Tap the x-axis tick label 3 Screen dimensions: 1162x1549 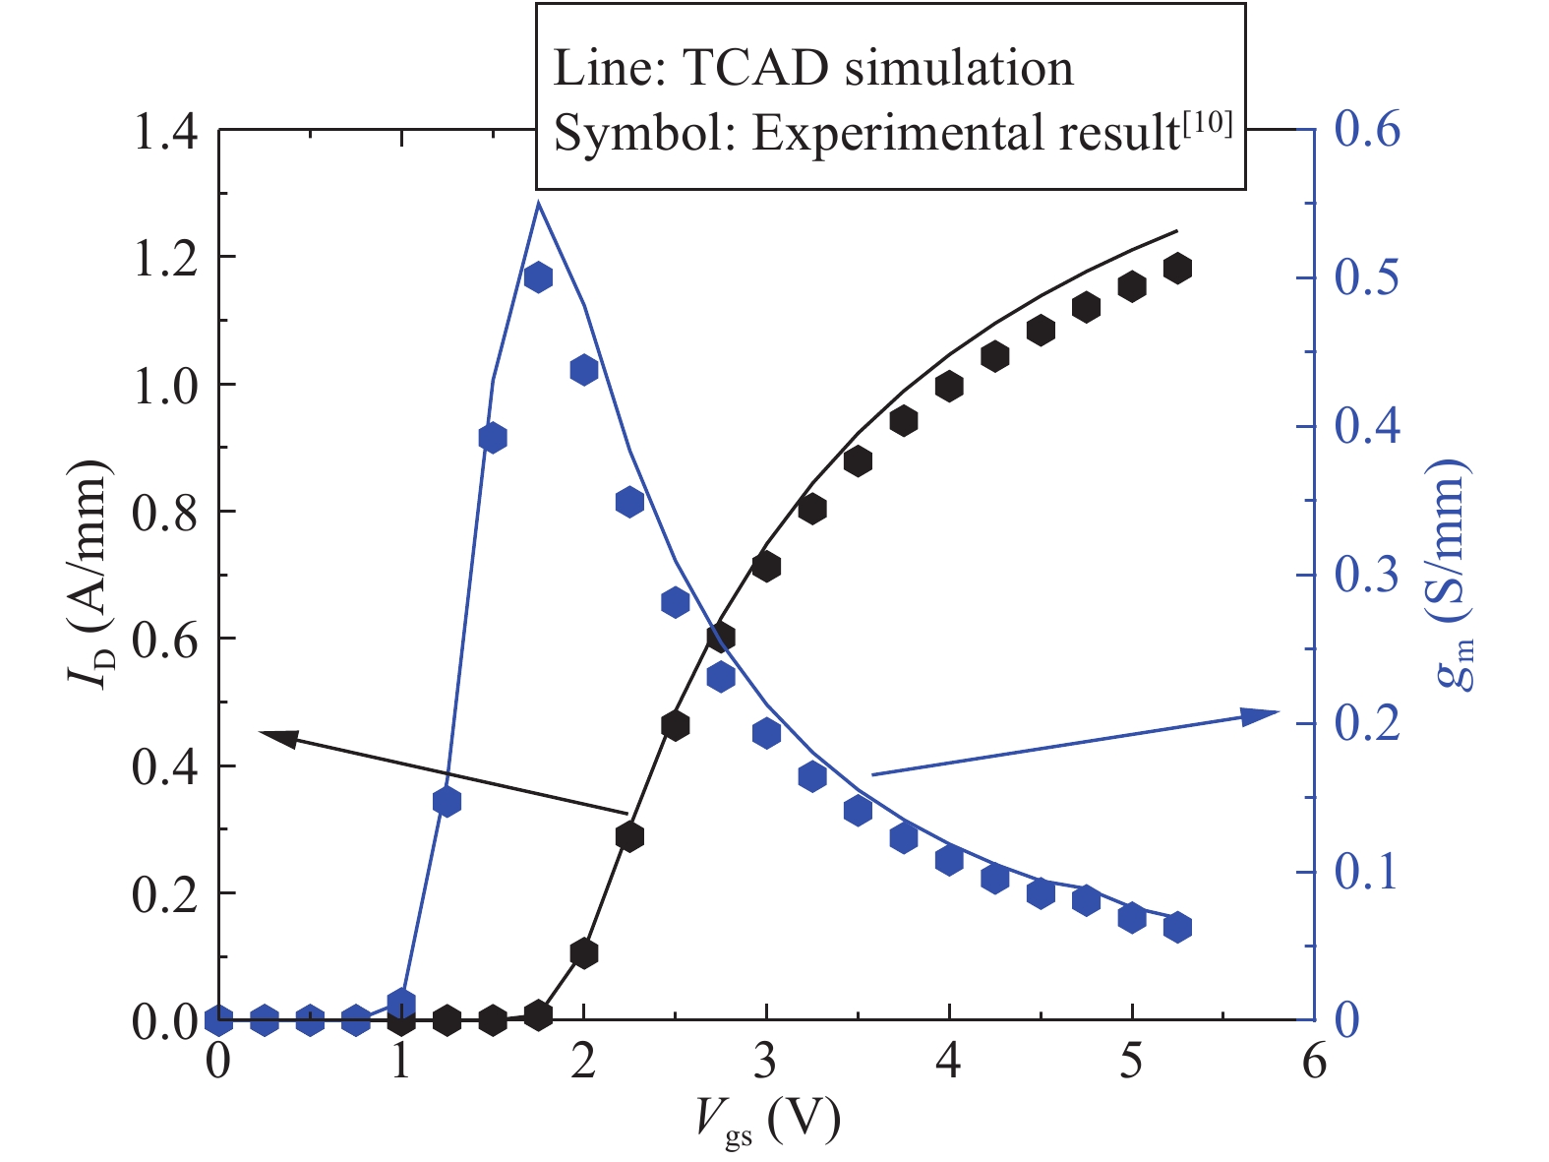[x=766, y=1064]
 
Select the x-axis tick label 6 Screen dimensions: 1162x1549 [x=1314, y=1064]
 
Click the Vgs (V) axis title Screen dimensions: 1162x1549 [x=768, y=1121]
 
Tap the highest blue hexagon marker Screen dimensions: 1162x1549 [x=538, y=277]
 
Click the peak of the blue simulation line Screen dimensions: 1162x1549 [x=538, y=202]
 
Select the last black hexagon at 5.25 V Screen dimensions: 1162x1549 [x=1177, y=269]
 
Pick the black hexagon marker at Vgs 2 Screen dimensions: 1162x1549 [x=584, y=952]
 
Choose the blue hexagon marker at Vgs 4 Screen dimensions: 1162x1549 [x=949, y=860]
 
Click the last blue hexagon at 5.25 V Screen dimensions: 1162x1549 [x=1177, y=927]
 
